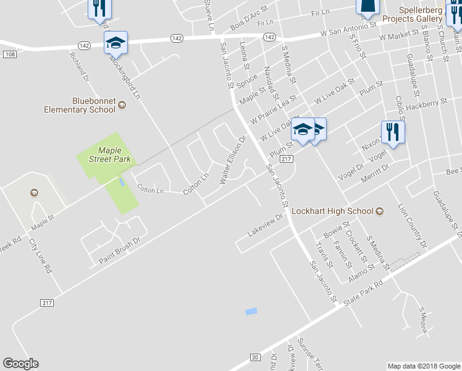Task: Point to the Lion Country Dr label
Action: [x=412, y=226]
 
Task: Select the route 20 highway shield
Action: [x=254, y=357]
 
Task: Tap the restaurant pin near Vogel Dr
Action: [x=393, y=132]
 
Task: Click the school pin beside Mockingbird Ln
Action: [x=115, y=43]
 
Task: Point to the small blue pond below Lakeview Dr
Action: [x=251, y=312]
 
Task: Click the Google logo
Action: [x=20, y=364]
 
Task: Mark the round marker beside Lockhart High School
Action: [x=380, y=211]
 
